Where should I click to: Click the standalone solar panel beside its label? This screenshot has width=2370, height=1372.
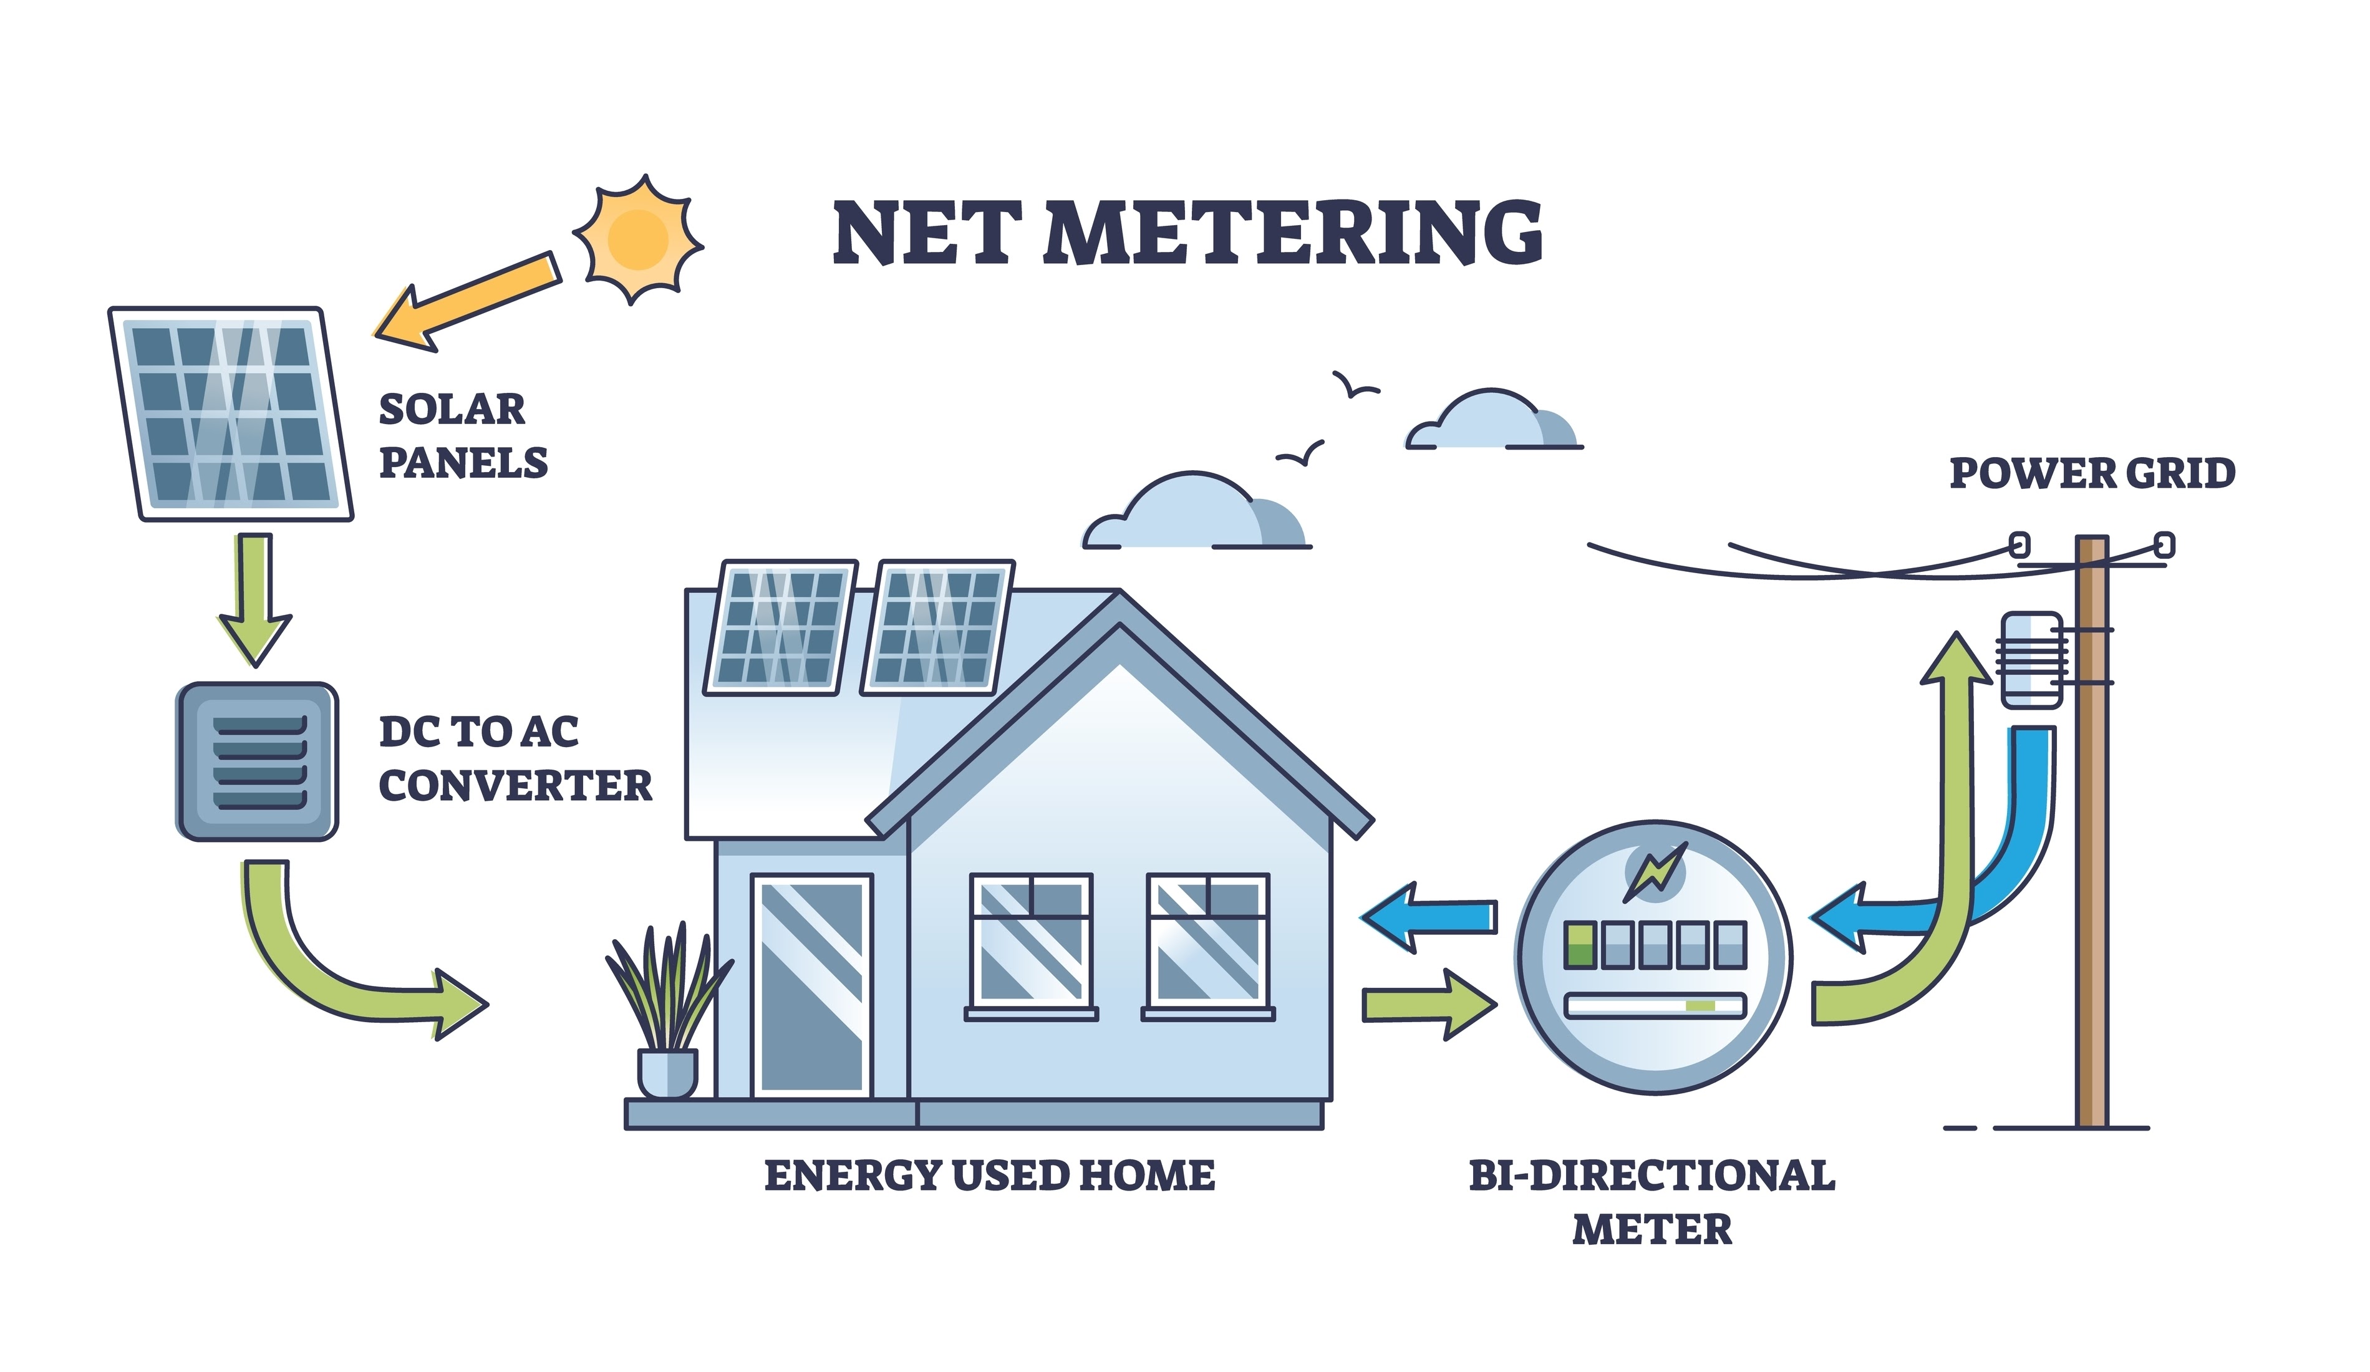coord(230,413)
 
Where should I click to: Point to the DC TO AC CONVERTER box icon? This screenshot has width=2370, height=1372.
coord(257,761)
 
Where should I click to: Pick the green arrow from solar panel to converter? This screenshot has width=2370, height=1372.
coord(255,597)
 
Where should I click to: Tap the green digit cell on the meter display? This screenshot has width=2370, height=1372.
coord(1579,944)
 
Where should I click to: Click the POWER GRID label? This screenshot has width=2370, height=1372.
coord(2092,473)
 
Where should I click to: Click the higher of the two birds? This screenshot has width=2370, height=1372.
coord(1354,385)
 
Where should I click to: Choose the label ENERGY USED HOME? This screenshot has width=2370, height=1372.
coord(989,1176)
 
